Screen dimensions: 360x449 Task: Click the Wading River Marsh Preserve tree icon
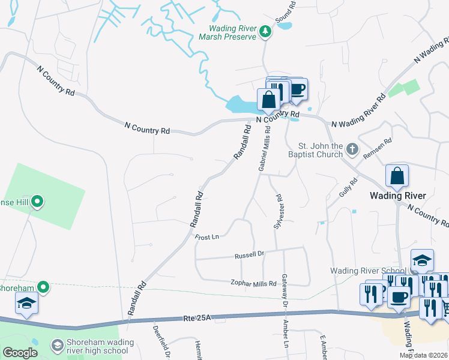265,32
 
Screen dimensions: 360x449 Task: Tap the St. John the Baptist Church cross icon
352,148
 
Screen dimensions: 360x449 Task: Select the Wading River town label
397,196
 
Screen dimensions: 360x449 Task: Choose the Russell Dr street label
249,255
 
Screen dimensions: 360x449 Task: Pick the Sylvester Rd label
278,211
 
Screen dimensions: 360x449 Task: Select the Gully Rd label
348,187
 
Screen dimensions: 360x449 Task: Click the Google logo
20,353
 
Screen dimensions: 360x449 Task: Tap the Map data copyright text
423,355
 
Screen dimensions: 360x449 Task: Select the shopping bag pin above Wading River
397,176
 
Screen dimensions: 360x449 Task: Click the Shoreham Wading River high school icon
57,345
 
